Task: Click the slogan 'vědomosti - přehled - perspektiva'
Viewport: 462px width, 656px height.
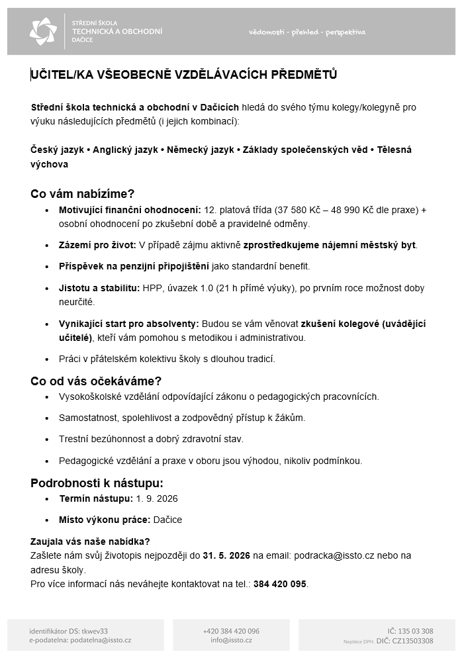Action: [x=307, y=32]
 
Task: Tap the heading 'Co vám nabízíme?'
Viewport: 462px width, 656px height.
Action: [x=83, y=194]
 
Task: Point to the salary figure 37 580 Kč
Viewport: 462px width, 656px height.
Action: [x=300, y=210]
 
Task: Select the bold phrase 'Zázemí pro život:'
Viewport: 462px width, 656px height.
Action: [x=97, y=246]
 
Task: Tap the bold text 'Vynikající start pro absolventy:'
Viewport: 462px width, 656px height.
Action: [x=129, y=324]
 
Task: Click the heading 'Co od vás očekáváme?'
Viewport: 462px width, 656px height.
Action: [x=96, y=381]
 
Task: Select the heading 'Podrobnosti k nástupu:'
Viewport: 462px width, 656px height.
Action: [x=97, y=483]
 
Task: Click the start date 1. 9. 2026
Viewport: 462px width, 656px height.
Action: [x=158, y=498]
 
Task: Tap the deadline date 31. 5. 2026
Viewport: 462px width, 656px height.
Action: [x=226, y=555]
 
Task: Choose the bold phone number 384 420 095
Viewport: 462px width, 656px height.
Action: [x=279, y=584]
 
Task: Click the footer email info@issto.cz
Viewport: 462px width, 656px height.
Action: [x=231, y=640]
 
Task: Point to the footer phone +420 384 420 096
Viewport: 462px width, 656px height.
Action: [x=231, y=631]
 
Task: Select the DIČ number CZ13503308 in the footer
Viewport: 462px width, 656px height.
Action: [x=413, y=640]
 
